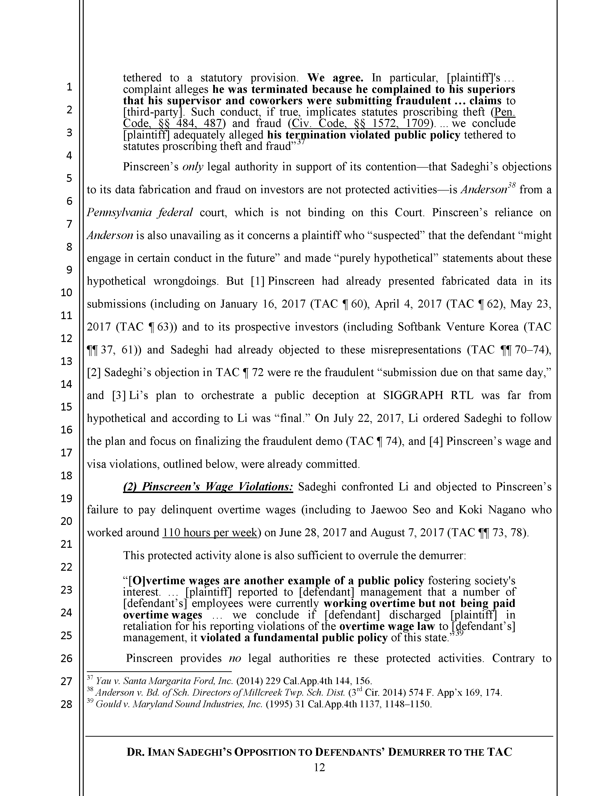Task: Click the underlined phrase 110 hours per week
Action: point(210,533)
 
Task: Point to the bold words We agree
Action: point(335,78)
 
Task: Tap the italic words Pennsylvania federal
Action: point(140,213)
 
